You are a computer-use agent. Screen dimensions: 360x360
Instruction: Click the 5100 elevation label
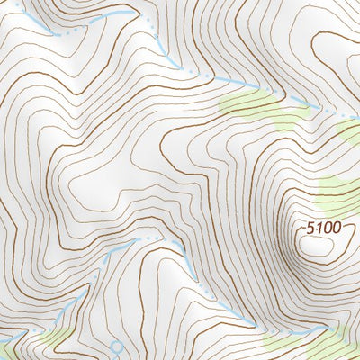click(x=323, y=228)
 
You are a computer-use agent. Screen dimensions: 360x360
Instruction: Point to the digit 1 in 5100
click(x=319, y=228)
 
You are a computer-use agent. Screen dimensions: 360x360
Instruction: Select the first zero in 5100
click(x=327, y=228)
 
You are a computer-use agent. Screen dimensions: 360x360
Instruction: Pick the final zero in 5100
click(x=336, y=228)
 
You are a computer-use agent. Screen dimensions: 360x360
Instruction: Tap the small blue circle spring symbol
click(x=116, y=346)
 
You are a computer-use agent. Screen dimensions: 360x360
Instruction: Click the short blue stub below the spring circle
click(x=116, y=355)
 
